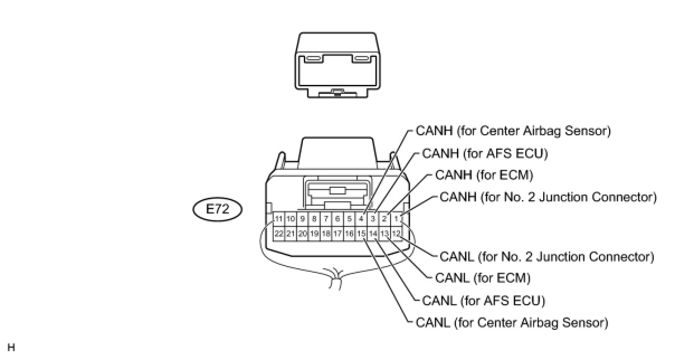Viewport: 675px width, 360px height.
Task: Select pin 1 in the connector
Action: (x=396, y=218)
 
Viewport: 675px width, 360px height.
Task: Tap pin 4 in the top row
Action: (x=361, y=218)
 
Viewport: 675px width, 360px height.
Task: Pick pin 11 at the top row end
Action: (x=278, y=218)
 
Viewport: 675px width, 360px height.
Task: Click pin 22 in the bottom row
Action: (x=278, y=233)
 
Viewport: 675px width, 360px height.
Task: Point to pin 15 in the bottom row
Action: (x=361, y=233)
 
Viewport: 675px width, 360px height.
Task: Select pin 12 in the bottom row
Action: (x=396, y=233)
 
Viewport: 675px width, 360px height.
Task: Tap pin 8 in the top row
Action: (x=314, y=218)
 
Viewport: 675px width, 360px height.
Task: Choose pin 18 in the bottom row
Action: (x=326, y=233)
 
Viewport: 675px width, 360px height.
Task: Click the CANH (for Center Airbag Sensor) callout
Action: (x=513, y=131)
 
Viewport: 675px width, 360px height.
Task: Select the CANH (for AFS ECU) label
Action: (x=484, y=153)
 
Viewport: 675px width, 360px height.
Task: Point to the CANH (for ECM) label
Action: (x=484, y=175)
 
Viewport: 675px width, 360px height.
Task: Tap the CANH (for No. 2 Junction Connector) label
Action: (x=548, y=197)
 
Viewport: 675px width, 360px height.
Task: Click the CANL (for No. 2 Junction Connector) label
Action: (x=546, y=257)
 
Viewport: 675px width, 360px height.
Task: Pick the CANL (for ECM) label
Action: (x=482, y=278)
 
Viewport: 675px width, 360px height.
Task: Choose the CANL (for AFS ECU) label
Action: (x=483, y=301)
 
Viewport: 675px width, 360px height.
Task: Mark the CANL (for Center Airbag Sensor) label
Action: (x=512, y=323)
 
